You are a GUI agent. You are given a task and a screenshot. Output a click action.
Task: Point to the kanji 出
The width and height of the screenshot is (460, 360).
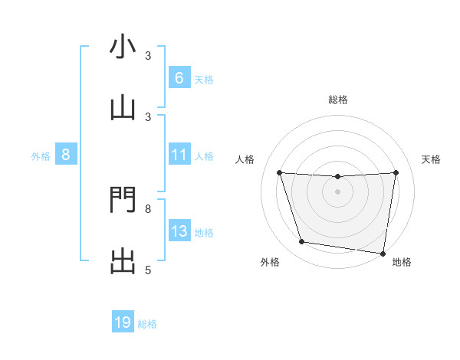(123, 261)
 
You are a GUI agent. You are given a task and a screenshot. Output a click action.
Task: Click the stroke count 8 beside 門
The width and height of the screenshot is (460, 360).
(148, 208)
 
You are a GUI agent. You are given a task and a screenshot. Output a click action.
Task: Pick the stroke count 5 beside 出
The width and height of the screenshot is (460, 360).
(148, 270)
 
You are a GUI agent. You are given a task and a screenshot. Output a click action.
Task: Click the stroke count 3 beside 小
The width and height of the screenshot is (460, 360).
(148, 55)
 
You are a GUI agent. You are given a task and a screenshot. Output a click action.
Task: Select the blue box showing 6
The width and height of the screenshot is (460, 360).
(179, 78)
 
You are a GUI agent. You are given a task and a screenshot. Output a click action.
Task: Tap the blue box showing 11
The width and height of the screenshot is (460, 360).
(179, 155)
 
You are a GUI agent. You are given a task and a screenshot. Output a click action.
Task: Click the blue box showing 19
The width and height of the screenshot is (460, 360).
(123, 322)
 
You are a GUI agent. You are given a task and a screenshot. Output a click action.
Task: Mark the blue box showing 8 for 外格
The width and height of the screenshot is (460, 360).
(66, 155)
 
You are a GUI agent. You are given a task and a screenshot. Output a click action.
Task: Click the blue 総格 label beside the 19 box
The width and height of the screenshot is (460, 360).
(147, 324)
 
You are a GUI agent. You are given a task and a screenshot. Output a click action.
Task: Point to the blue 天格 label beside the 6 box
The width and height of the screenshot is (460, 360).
(204, 79)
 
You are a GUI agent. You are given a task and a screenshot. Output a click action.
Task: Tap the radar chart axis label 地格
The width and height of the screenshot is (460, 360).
(402, 263)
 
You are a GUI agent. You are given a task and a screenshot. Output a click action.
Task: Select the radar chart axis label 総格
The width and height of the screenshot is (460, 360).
(337, 100)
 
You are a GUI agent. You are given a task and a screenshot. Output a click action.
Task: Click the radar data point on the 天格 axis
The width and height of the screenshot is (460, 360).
(396, 172)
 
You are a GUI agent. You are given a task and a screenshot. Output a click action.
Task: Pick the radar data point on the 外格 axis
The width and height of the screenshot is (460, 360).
(302, 242)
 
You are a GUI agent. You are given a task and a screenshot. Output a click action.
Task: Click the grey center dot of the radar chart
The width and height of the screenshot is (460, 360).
(337, 191)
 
